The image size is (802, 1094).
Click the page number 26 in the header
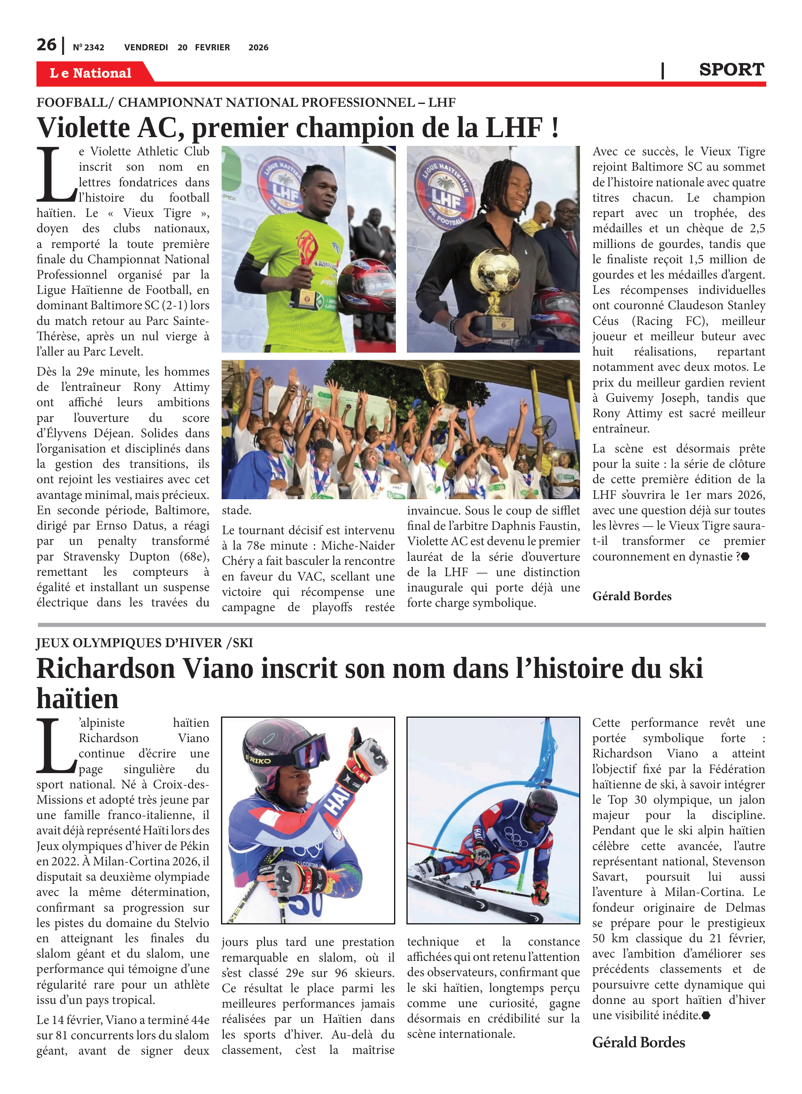[47, 45]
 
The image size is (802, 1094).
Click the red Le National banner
[91, 73]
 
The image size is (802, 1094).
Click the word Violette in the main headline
[83, 128]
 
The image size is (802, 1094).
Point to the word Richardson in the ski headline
[105, 669]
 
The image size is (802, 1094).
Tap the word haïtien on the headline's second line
[77, 698]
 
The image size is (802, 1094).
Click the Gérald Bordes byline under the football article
[632, 596]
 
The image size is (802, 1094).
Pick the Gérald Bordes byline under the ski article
[638, 1043]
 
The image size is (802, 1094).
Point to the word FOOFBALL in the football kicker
[72, 102]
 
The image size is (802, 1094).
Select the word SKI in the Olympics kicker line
[243, 643]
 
